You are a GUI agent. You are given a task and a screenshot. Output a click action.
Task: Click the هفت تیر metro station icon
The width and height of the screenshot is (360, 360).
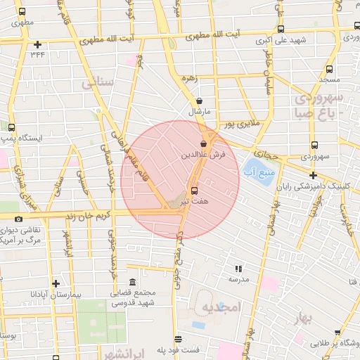click(194, 190)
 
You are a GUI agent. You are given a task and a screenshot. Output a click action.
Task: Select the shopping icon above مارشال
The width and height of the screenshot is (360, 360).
click(200, 101)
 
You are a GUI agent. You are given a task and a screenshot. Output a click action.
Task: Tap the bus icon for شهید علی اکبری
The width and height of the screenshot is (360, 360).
click(281, 30)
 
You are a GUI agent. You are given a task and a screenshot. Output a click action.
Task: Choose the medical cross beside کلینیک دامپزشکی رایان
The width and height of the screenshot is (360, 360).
click(313, 174)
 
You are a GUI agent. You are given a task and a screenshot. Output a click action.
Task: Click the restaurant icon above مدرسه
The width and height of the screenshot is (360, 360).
click(238, 268)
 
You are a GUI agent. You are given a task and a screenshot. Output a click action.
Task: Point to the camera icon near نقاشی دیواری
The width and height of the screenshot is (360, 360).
click(18, 219)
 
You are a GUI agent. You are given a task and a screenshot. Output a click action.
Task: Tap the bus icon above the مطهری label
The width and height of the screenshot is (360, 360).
click(22, 12)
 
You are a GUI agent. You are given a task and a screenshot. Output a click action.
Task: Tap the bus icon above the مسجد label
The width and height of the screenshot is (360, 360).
click(329, 70)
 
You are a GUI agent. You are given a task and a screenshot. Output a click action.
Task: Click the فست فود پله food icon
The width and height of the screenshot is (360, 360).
click(178, 338)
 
